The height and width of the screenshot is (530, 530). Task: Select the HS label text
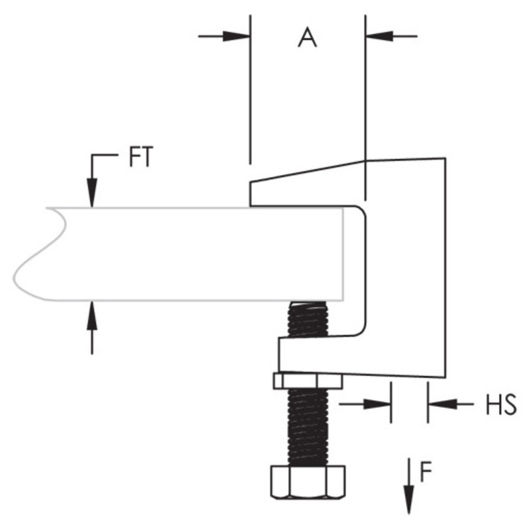pyautogui.click(x=501, y=405)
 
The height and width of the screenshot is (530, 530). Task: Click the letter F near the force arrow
pyautogui.click(x=426, y=473)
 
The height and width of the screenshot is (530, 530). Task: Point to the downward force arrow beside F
pyautogui.click(x=408, y=489)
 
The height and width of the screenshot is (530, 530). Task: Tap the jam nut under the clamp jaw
pyautogui.click(x=307, y=380)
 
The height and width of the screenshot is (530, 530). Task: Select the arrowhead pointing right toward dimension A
pyautogui.click(x=240, y=36)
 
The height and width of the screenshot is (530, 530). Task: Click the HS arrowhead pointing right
pyautogui.click(x=380, y=405)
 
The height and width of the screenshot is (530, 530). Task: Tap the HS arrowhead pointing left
pyautogui.click(x=439, y=405)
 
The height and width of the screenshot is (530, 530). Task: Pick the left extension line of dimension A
pyautogui.click(x=250, y=87)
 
